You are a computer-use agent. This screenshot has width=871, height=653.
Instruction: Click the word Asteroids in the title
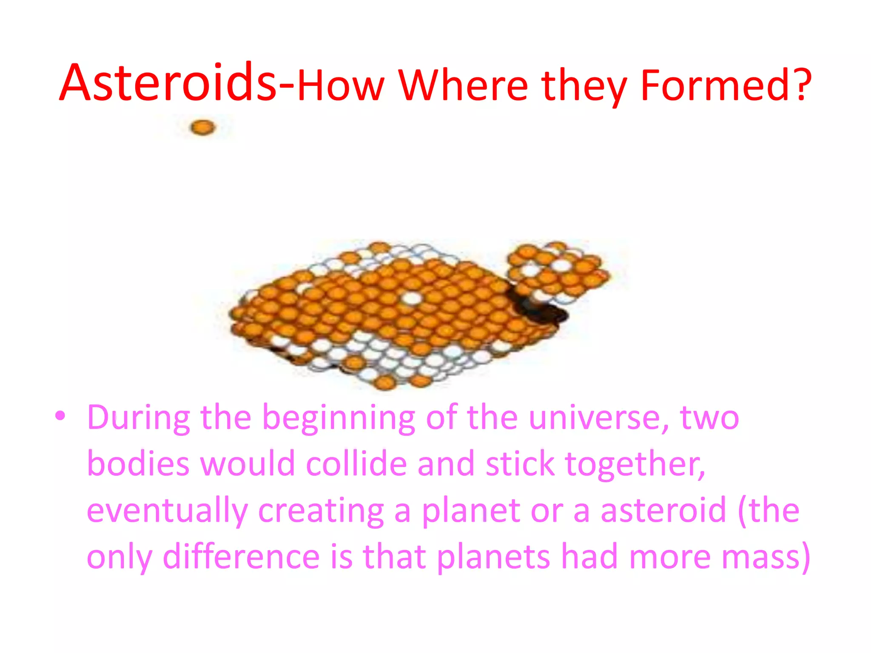tap(168, 83)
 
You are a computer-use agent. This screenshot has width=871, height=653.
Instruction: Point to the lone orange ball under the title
tap(203, 127)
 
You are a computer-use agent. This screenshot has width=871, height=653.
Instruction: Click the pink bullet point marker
tap(60, 415)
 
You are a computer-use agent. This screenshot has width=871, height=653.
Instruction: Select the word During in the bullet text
tap(138, 418)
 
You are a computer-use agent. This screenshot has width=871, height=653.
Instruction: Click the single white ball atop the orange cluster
tap(411, 298)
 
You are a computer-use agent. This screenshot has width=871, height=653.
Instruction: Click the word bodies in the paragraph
tap(138, 464)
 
